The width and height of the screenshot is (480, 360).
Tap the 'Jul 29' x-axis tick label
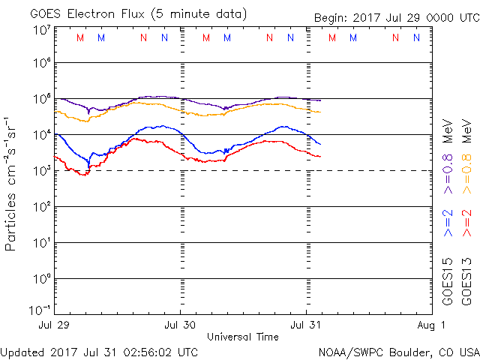point(54,325)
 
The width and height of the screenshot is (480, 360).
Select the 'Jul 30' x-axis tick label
point(181,325)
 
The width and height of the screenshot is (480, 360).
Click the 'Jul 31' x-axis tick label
point(307,325)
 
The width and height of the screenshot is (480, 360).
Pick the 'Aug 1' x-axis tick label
point(433,325)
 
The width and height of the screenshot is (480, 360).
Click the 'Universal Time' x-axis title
point(243,337)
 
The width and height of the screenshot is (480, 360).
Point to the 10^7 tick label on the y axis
point(39,30)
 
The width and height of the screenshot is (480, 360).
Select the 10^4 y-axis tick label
point(39,135)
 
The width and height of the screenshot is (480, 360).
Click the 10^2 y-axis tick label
point(39,207)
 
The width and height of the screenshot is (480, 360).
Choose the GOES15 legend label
point(448,280)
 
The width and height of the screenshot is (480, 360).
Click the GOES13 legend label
point(466,280)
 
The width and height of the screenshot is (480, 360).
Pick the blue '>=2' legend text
point(448,223)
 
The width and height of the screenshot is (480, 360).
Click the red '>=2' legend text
point(466,223)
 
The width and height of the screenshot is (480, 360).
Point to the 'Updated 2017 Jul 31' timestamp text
point(99,351)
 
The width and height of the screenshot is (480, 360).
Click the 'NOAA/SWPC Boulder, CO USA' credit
point(398,351)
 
